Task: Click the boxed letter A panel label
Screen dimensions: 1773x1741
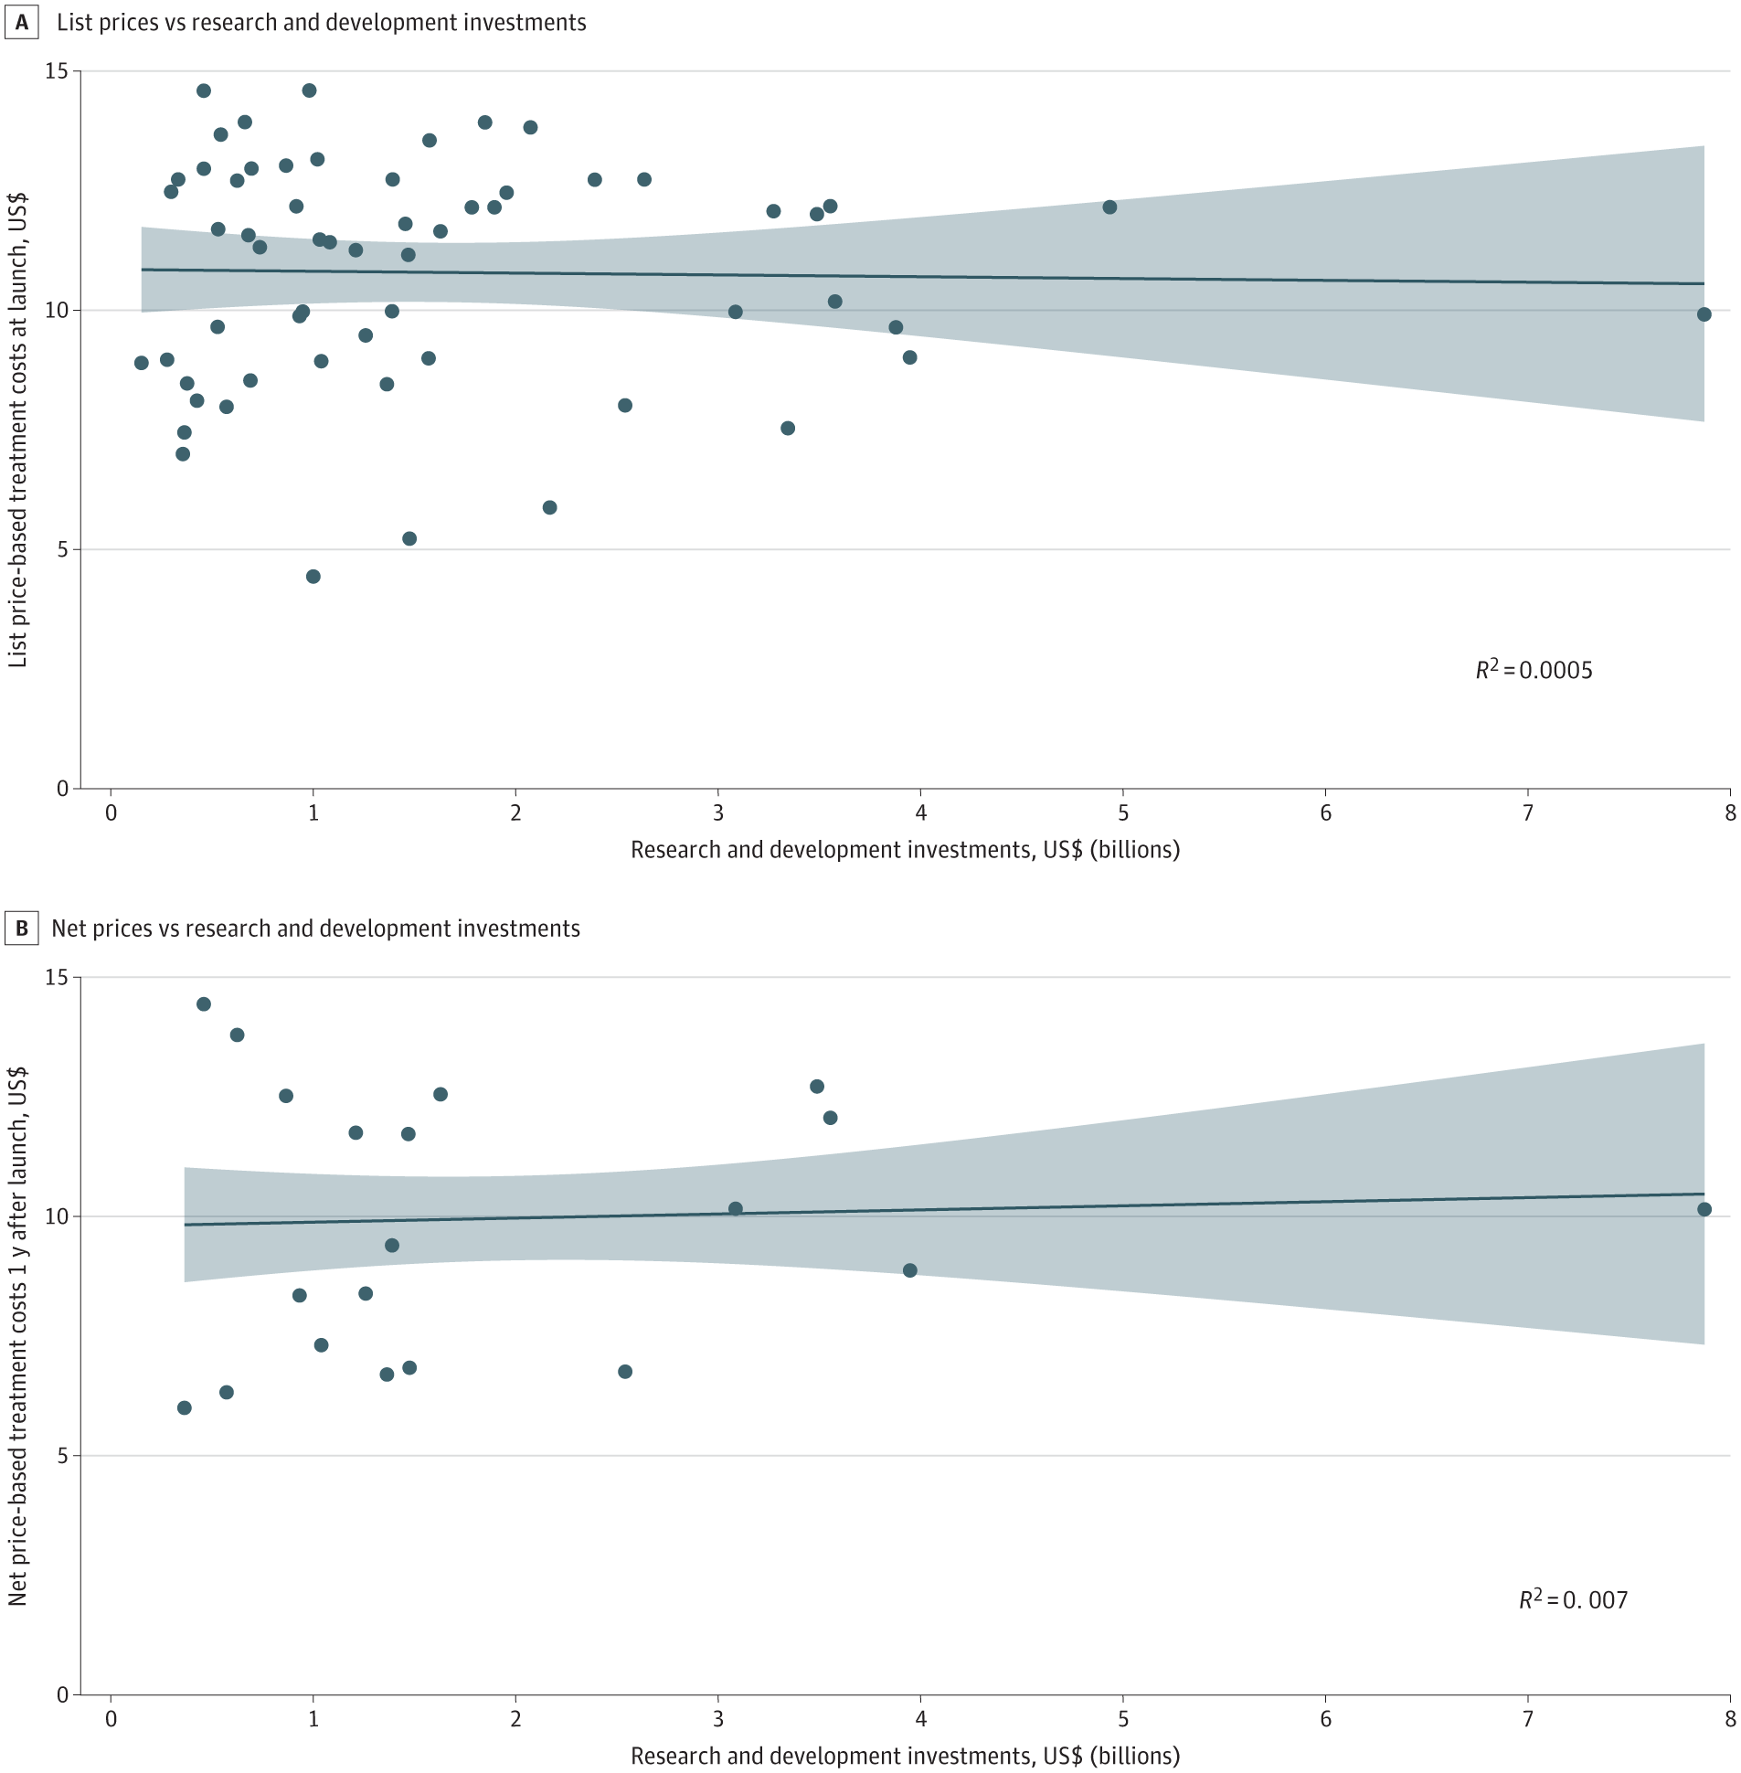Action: (21, 22)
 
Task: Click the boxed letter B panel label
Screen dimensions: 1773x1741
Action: (21, 929)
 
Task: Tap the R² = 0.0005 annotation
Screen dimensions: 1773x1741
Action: (1534, 670)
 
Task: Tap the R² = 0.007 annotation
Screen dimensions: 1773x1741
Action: (1573, 1599)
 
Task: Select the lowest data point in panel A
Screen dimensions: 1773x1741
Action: (313, 576)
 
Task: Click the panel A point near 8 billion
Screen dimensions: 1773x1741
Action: (1704, 314)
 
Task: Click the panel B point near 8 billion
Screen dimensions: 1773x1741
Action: (1704, 1209)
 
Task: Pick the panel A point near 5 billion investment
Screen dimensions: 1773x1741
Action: (1109, 207)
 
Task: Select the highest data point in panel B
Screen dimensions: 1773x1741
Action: (204, 1004)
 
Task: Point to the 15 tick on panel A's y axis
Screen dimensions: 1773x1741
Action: (57, 71)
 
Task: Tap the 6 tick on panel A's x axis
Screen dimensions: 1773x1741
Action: (1325, 812)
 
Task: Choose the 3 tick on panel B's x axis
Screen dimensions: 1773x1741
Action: (717, 1719)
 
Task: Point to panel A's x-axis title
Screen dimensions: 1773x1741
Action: (906, 849)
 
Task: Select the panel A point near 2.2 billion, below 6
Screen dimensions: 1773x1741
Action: (549, 507)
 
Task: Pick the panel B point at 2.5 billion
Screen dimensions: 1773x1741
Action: (624, 1372)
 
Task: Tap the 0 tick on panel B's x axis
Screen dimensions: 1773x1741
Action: (111, 1719)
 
